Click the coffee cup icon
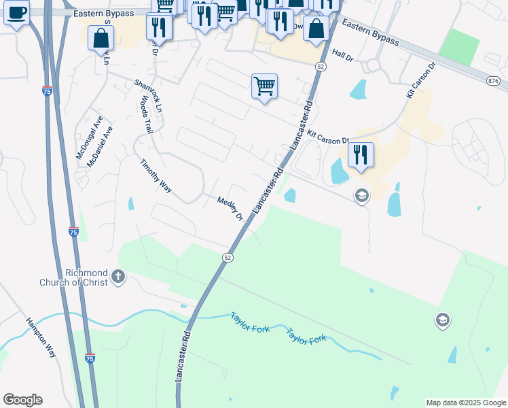click(16, 12)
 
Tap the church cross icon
click(118, 277)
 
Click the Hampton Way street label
click(41, 337)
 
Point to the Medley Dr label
click(230, 209)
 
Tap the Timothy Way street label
click(156, 176)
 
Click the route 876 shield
click(494, 81)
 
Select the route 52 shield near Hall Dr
click(321, 66)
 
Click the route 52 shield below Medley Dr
click(228, 257)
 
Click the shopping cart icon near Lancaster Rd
click(264, 86)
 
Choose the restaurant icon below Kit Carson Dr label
click(361, 154)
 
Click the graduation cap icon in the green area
click(443, 320)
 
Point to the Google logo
click(22, 400)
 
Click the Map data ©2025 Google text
click(466, 403)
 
